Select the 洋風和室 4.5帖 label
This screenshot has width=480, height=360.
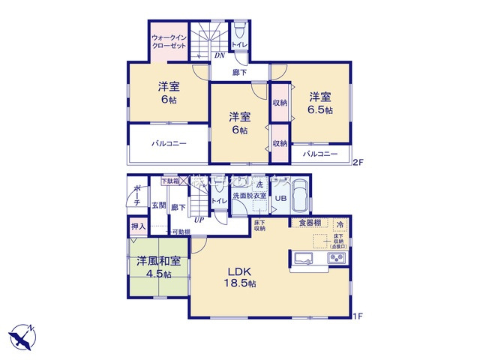pos(157,268)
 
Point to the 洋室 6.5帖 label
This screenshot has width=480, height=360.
pos(319,103)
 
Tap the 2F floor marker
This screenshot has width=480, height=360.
pos(358,161)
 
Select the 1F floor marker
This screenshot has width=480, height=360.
pos(358,316)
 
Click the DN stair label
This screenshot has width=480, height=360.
pos(219,55)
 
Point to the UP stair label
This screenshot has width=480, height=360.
pos(199,220)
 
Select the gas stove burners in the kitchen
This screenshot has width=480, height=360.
pos(335,259)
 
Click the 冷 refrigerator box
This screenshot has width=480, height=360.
pos(340,224)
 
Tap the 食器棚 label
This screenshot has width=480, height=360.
pos(310,223)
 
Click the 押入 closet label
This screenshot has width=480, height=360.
pos(138,225)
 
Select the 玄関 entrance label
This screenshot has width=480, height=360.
pos(159,205)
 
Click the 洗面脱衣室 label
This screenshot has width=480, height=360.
pos(249,196)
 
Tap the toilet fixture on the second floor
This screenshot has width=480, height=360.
pos(238,32)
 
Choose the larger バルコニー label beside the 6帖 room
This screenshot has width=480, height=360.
pos(169,142)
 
